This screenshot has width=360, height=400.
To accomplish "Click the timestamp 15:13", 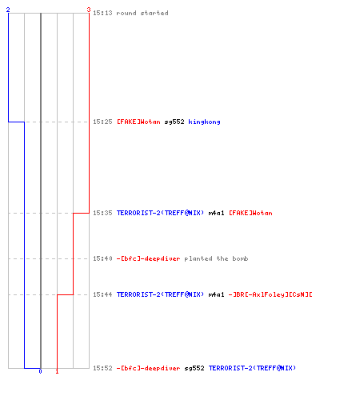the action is point(102,13).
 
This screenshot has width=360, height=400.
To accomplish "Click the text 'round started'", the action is point(142,13).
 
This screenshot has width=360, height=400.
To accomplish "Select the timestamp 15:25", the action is point(102,122).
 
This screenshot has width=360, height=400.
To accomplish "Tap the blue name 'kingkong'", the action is point(204,122).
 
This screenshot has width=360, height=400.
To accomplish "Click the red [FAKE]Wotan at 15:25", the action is point(138,122).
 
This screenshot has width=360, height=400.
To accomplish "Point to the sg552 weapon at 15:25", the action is point(174,122).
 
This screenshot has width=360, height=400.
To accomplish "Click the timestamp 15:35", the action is point(102,213).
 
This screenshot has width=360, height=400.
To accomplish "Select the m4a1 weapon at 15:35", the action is point(216,213).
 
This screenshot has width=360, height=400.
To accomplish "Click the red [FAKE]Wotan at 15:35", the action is point(250,213).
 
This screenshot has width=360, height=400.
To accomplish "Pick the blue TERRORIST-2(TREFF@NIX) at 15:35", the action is point(160,213).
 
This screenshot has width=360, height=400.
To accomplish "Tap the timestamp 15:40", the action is point(102,258).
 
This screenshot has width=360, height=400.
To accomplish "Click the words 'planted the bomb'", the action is point(216,258).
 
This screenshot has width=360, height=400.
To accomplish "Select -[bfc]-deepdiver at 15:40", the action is point(148,258).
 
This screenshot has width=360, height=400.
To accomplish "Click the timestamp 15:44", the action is point(102,294).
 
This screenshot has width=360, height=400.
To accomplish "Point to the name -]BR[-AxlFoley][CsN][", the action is point(270,294).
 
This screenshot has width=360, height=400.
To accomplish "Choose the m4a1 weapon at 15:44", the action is point(216,294).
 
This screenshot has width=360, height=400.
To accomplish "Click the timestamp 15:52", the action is point(102,368).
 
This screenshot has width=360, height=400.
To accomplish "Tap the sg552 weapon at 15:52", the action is point(194,368).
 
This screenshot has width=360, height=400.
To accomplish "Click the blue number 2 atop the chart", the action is point(8,10).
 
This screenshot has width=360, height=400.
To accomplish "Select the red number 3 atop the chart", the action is point(89,10).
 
